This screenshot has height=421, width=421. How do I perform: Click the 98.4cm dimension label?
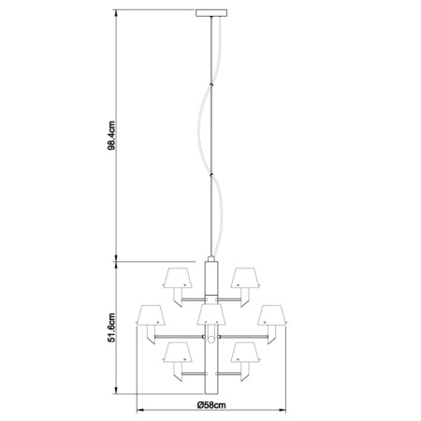click(x=111, y=136)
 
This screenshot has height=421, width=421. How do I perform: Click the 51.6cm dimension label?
click(x=111, y=327)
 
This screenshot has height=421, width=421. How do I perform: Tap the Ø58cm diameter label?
click(x=211, y=405)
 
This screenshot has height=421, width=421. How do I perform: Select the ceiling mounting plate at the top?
click(x=211, y=13)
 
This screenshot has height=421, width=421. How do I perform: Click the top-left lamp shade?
click(x=178, y=277)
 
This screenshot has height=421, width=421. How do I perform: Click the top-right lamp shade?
click(x=245, y=277)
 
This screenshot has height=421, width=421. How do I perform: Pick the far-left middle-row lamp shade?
click(x=151, y=315)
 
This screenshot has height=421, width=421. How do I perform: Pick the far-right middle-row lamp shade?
click(x=272, y=315)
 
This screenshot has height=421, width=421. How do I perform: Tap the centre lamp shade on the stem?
click(x=211, y=314)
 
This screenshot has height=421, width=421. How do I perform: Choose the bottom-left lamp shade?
click(x=178, y=352)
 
